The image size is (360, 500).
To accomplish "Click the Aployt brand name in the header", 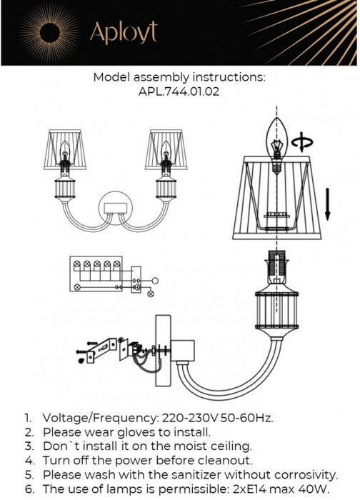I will pos(122,31).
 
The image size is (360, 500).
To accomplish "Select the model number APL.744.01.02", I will pos(180,91).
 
